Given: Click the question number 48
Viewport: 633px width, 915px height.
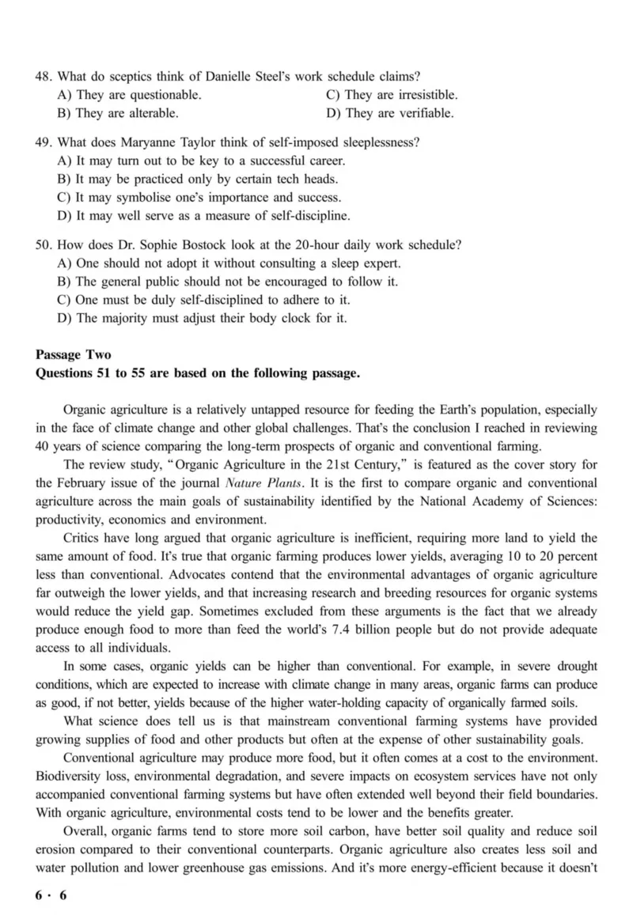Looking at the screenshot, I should [44, 77].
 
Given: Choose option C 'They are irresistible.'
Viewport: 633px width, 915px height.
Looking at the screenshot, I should [392, 95].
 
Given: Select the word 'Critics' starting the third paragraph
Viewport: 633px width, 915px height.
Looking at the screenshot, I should [81, 537].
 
